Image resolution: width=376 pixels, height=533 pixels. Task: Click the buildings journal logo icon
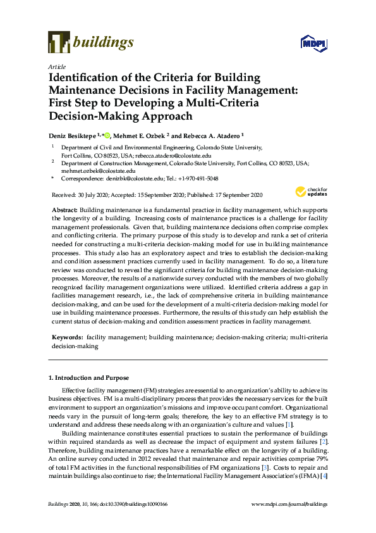pos(59,42)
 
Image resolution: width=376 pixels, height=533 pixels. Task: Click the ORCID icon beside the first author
pos(107,135)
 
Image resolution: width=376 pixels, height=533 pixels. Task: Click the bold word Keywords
pos(66,339)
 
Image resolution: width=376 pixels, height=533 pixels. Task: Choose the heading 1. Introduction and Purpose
pos(88,378)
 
